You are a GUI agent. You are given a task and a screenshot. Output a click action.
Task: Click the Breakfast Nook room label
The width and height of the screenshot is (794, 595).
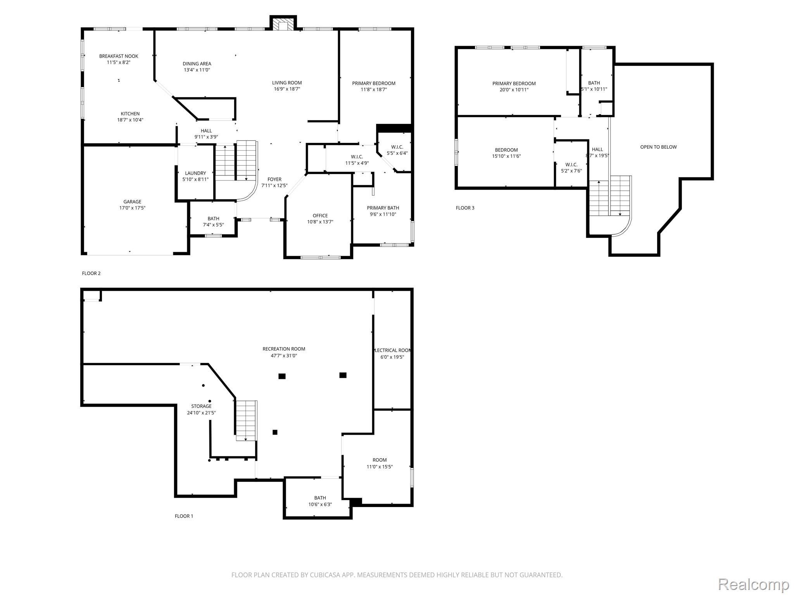coord(119,56)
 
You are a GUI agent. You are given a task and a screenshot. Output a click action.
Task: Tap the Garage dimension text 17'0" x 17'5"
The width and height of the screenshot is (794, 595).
coord(132,208)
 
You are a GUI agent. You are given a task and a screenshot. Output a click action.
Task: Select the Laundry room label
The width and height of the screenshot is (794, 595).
coord(195,173)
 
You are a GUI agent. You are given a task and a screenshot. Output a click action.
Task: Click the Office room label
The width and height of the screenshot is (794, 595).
coord(320,216)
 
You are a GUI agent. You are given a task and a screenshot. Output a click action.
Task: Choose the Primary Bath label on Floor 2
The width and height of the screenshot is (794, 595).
coord(383,208)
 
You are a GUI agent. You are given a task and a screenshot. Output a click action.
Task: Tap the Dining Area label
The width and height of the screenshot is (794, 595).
coord(197,64)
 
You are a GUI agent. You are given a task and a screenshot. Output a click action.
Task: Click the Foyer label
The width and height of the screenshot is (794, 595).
coord(274,179)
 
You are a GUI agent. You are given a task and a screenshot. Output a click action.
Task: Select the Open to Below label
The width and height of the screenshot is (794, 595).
coord(658,147)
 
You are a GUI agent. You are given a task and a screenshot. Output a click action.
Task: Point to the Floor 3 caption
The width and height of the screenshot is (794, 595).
coord(465,208)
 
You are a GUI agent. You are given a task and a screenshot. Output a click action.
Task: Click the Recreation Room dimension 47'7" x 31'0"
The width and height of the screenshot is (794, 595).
coord(284,356)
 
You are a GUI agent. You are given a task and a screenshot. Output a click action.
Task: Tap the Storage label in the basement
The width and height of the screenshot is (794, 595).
coord(201,406)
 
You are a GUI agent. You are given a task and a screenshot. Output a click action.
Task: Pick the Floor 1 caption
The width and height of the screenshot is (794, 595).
coord(184,516)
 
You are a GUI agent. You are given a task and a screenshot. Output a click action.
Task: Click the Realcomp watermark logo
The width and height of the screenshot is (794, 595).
coord(754,585)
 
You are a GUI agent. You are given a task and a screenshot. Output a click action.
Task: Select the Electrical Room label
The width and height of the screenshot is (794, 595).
coord(392,351)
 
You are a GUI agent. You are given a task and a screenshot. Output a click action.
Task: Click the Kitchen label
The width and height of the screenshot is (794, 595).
coord(130,114)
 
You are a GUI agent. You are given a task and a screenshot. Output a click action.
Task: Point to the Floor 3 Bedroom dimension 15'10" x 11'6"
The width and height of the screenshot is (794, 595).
coord(506,156)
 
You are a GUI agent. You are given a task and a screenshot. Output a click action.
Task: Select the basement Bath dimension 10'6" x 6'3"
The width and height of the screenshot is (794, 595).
coord(320,504)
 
